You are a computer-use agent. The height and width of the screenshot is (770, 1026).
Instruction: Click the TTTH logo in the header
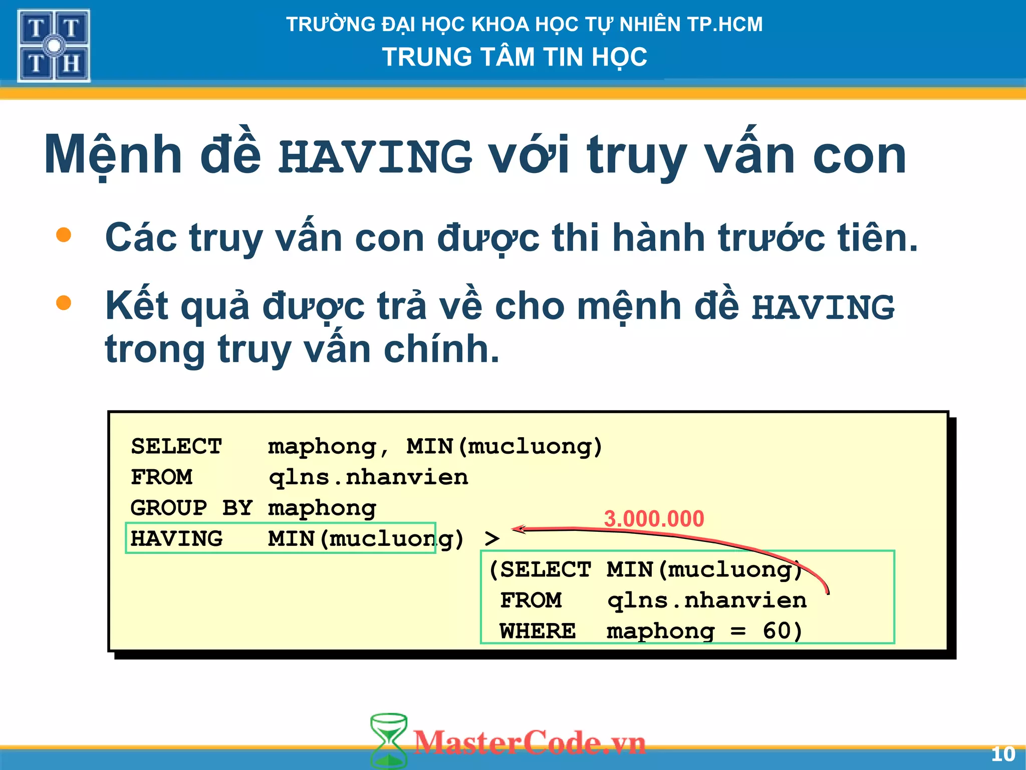54,46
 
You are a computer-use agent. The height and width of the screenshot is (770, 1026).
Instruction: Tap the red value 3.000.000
654,518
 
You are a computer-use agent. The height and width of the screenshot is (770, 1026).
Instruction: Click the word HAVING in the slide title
375,156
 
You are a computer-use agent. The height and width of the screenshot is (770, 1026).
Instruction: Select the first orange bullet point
64,235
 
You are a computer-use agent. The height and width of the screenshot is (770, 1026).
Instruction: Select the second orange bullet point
64,303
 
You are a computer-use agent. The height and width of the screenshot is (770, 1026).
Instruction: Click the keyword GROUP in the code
168,508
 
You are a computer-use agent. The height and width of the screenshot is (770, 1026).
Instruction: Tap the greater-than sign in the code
492,539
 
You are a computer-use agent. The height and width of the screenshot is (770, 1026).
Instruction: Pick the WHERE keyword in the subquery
538,631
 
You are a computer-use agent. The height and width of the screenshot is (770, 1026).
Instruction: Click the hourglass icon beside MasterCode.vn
388,741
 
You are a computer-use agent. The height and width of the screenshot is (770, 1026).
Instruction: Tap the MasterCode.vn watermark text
530,742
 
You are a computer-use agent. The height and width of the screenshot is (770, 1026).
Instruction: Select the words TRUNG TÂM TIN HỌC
515,57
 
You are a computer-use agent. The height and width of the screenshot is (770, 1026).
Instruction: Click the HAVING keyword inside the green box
176,539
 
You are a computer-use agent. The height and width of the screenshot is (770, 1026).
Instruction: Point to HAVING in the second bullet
823,307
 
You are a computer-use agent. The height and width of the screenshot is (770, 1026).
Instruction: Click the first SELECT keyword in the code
176,446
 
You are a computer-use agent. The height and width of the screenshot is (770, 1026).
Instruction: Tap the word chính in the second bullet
441,349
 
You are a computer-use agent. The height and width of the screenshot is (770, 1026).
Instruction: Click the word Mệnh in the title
113,155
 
